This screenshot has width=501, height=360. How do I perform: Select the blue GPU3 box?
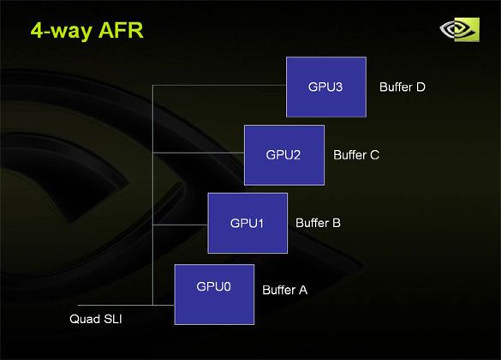[326, 87]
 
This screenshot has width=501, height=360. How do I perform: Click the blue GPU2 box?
[284, 155]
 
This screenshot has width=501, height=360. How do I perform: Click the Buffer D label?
[403, 87]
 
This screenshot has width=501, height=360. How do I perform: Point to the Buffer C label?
[356, 155]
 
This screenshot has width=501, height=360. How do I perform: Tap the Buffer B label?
[319, 223]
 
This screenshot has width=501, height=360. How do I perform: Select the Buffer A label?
[284, 291]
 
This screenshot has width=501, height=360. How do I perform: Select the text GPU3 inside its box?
[326, 87]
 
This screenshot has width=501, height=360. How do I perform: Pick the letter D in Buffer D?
[420, 87]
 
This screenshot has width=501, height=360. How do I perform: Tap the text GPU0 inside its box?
[214, 287]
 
